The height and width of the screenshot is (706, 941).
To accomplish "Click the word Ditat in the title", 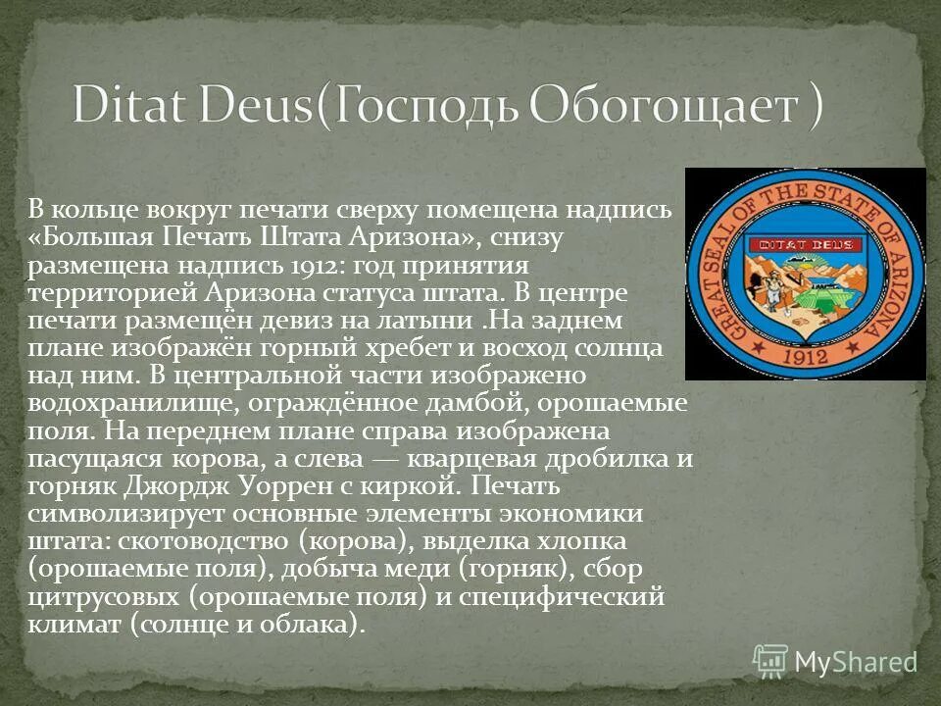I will coord(134,104).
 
